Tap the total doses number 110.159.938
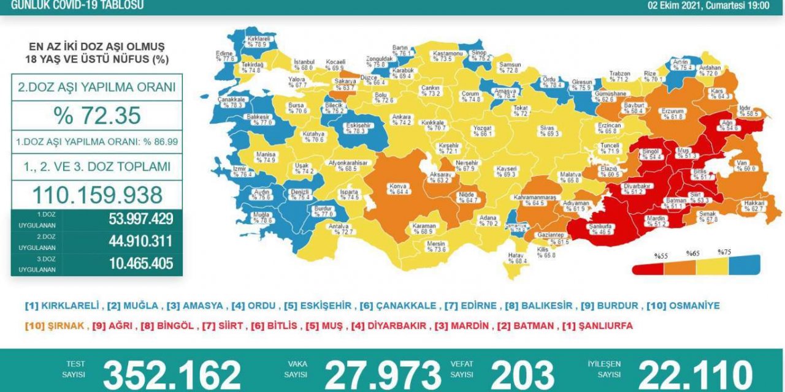97,195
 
